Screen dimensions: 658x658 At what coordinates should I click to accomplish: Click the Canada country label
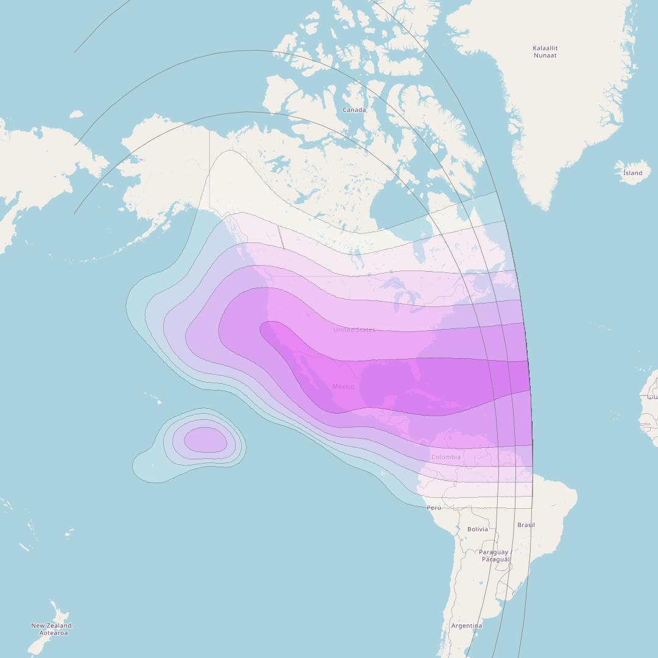(354, 110)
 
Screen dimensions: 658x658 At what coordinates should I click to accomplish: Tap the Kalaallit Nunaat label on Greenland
(545, 52)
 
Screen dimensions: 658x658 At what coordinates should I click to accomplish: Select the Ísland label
(632, 173)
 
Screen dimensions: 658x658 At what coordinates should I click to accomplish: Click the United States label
(354, 330)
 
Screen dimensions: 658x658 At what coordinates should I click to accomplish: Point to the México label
(343, 386)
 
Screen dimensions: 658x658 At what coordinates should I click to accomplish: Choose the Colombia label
(445, 457)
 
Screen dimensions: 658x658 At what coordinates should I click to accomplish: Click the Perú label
(434, 508)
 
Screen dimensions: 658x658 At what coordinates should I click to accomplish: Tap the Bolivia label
(477, 529)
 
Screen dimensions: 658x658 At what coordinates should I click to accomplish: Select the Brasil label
(526, 525)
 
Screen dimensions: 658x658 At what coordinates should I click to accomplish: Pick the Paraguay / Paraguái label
(494, 556)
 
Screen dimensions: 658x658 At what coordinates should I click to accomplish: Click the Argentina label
(466, 626)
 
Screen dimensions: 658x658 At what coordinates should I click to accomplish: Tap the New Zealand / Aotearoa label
(53, 629)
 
